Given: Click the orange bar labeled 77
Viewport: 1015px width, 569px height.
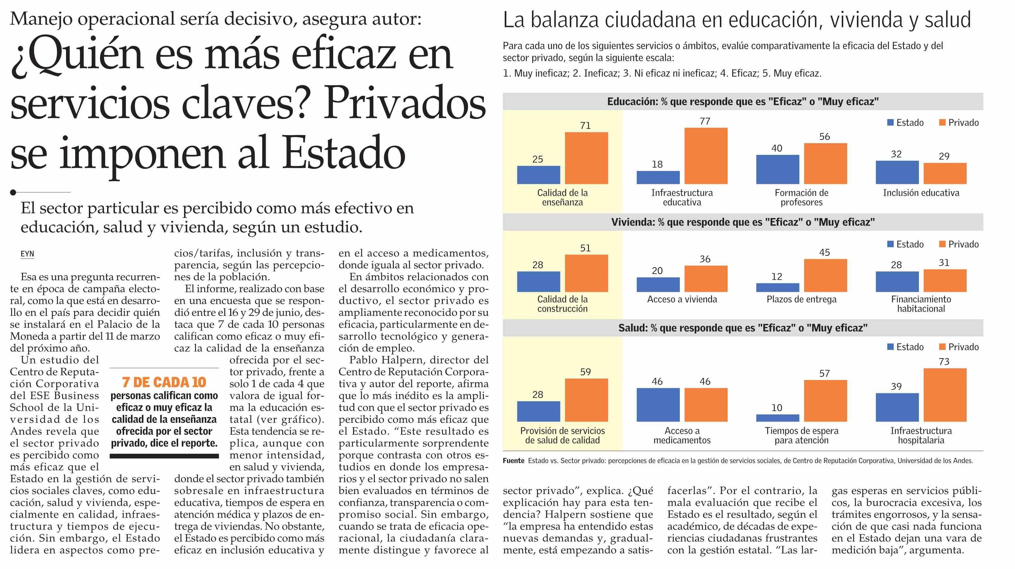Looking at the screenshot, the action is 706,156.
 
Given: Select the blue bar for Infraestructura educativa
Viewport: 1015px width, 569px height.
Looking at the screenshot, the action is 658,177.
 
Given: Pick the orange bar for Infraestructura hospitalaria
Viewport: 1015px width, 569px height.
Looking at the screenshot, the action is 945,395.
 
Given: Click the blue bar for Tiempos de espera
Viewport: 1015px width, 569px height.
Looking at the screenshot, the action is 778,418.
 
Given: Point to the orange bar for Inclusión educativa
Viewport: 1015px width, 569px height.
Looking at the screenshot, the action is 945,174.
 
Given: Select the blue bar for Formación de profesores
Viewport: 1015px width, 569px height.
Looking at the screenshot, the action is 778,169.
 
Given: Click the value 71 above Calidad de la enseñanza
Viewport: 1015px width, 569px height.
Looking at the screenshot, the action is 586,125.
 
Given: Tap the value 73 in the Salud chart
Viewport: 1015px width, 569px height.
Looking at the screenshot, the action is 944,361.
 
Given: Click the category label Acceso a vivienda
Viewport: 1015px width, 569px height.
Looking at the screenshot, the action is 682,299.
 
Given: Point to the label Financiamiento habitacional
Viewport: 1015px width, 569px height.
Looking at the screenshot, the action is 921,304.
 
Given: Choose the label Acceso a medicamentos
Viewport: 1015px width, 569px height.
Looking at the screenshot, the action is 682,435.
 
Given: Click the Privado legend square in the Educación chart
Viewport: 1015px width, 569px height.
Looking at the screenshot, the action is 942,122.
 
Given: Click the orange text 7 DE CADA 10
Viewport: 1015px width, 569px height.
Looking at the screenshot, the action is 164,382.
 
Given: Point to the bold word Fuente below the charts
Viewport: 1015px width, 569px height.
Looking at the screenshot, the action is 513,461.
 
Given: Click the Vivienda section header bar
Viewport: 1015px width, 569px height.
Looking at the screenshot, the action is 743,222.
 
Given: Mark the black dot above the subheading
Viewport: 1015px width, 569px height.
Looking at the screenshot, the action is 13,192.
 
